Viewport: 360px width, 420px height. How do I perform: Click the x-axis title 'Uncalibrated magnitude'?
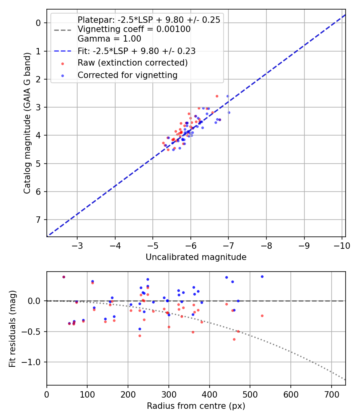click(196, 257)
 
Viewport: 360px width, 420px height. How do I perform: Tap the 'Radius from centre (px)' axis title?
click(196, 406)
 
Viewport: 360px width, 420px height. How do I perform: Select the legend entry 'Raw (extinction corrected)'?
click(132, 63)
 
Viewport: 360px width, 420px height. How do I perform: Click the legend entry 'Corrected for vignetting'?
click(128, 75)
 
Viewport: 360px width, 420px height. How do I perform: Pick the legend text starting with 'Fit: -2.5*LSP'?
click(136, 51)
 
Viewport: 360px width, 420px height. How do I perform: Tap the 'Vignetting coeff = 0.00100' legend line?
click(134, 29)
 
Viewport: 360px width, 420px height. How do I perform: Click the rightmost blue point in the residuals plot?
click(262, 276)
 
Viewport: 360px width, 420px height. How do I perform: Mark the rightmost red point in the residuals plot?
click(262, 316)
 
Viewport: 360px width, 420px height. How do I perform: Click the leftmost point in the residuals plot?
click(64, 277)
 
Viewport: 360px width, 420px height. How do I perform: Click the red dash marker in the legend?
click(62, 63)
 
